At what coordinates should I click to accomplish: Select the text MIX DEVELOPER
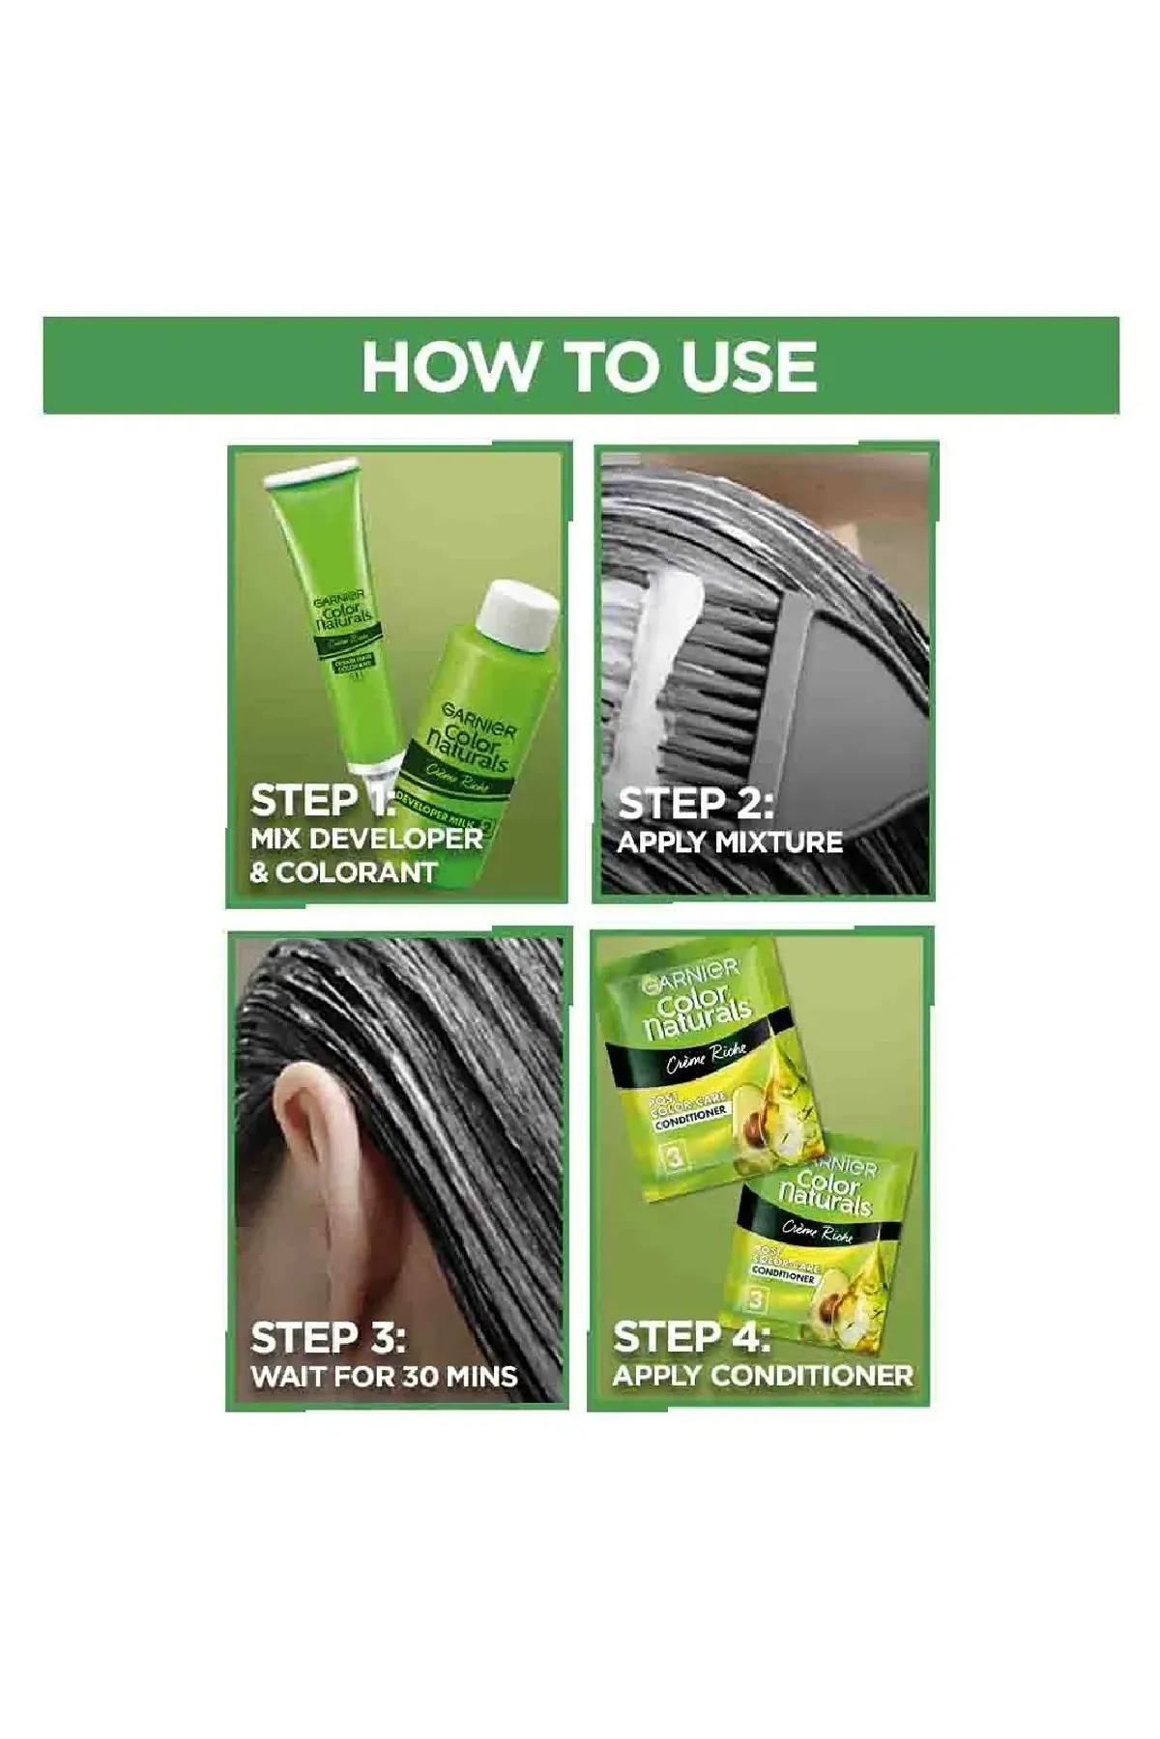point(366,838)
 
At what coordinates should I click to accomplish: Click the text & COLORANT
point(343,872)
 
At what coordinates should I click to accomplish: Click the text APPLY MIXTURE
point(730,842)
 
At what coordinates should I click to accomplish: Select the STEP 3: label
point(328,1338)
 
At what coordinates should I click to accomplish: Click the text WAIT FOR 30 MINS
point(385,1376)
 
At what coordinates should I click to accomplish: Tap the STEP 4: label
point(691,1338)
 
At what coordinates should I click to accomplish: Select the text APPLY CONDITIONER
point(763,1376)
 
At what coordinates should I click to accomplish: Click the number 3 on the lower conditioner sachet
point(757,1301)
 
